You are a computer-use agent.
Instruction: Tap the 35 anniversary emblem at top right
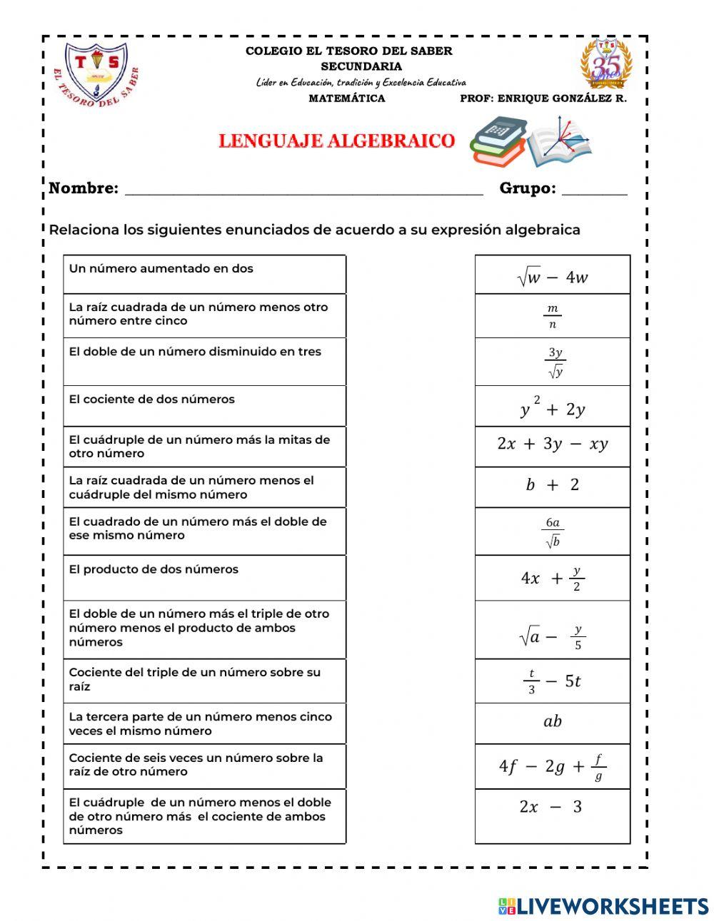click(606, 64)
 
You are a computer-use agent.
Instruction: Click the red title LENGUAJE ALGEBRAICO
click(336, 141)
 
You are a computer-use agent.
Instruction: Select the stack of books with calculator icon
click(498, 142)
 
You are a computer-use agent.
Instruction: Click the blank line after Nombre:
click(303, 190)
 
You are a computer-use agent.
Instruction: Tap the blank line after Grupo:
click(594, 190)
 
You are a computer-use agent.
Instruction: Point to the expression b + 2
click(552, 485)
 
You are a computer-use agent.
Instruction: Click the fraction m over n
click(552, 316)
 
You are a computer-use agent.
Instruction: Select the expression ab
click(552, 721)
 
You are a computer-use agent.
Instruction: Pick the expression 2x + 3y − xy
click(552, 444)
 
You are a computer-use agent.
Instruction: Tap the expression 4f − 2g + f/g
click(552, 766)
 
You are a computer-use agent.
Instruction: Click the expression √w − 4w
click(552, 277)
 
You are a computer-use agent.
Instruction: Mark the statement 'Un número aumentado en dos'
click(161, 269)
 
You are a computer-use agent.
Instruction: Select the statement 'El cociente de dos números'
click(151, 400)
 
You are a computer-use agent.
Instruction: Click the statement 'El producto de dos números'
click(154, 569)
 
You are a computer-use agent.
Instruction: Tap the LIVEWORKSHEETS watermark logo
click(603, 906)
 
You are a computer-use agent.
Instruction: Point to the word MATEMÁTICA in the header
click(346, 98)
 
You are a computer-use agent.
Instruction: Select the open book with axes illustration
click(561, 142)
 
